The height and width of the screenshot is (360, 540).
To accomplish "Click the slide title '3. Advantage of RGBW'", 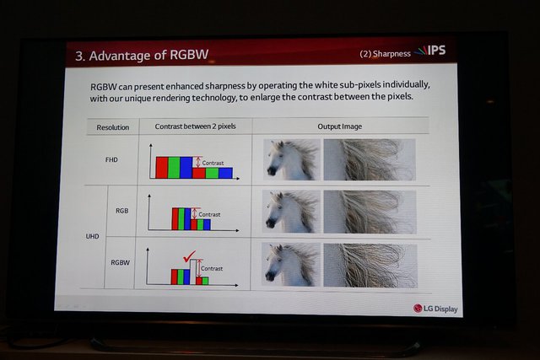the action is click(x=142, y=55).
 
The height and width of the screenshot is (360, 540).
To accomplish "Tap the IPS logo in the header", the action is click(x=430, y=51).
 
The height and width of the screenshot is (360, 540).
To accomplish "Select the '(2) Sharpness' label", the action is click(x=385, y=54).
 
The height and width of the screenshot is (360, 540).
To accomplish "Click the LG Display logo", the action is click(x=435, y=309).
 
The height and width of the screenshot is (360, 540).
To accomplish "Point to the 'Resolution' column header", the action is click(x=112, y=127).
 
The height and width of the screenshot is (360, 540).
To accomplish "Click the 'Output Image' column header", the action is click(x=339, y=126).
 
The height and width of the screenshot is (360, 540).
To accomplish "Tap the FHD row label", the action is click(x=111, y=159).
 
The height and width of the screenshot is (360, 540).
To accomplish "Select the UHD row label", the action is click(x=92, y=236).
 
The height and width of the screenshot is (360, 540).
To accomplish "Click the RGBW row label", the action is click(x=120, y=262).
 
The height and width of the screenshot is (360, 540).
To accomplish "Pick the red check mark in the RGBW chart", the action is click(x=189, y=256).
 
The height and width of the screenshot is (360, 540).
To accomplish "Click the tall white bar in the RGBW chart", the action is click(x=193, y=271).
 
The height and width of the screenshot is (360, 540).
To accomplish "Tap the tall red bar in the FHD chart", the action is click(x=162, y=168).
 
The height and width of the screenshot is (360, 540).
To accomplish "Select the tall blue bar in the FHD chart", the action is click(x=186, y=168).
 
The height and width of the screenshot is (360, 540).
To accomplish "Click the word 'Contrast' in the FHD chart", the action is click(x=213, y=163).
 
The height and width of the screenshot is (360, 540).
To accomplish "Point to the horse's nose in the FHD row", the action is click(x=272, y=170).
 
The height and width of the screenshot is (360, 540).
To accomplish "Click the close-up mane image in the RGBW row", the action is click(x=370, y=266).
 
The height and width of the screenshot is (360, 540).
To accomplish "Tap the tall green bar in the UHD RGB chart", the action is click(x=181, y=219).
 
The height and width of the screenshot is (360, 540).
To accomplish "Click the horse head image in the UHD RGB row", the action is click(x=291, y=212).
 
